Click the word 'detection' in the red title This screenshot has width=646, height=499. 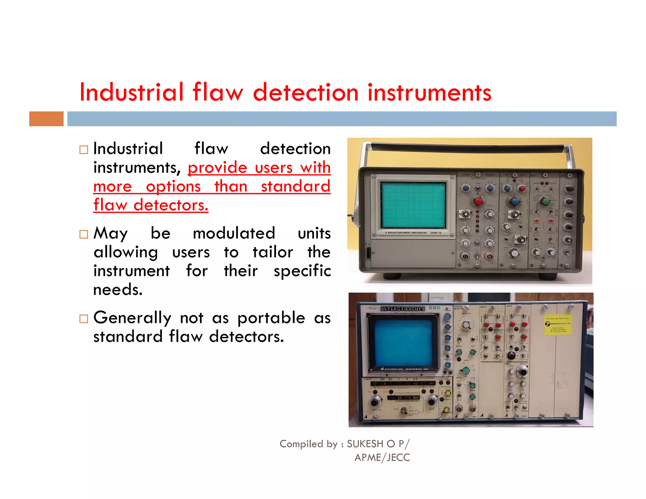[x=306, y=92]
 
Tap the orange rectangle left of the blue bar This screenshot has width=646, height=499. [x=46, y=119]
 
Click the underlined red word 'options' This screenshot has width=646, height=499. [x=173, y=186]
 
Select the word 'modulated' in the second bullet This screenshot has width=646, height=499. [x=234, y=233]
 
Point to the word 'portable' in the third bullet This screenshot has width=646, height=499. [x=271, y=318]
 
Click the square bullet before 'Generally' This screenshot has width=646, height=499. [x=84, y=319]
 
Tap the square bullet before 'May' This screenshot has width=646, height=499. [x=84, y=234]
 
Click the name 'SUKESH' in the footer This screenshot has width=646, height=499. [x=365, y=444]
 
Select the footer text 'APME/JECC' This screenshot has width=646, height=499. [x=382, y=457]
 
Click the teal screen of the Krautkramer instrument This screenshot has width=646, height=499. [x=413, y=205]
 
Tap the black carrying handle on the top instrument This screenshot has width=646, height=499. [x=467, y=148]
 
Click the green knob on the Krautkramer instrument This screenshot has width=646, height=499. [x=545, y=201]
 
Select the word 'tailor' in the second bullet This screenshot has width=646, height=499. [x=273, y=252]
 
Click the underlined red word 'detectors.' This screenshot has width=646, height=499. [x=171, y=205]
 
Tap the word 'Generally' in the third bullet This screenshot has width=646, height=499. [x=132, y=318]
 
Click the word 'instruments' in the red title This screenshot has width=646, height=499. [x=429, y=92]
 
